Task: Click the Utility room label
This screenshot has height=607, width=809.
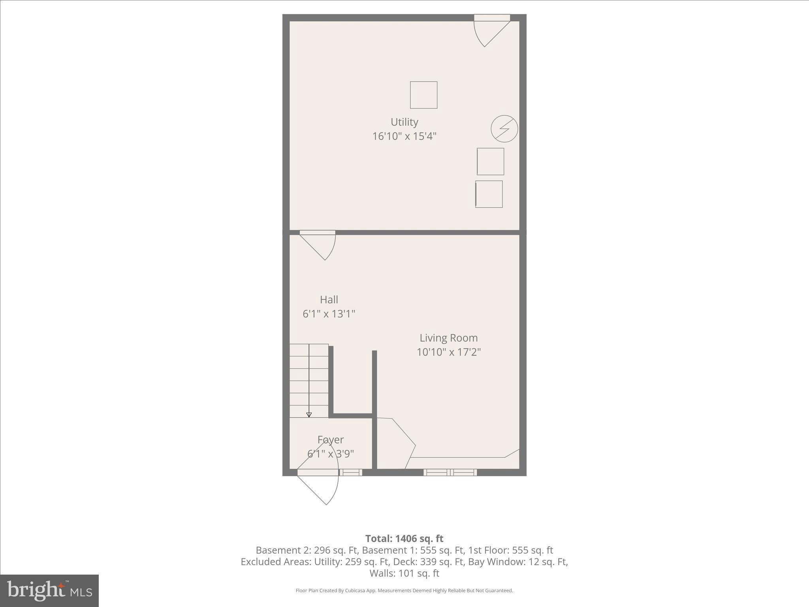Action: (404, 122)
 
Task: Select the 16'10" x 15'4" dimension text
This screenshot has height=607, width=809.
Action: (404, 136)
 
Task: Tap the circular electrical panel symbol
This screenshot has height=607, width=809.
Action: (504, 129)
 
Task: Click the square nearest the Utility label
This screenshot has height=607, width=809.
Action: (423, 95)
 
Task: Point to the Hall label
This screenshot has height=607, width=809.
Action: (329, 300)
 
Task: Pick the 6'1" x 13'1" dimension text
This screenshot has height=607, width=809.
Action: (329, 314)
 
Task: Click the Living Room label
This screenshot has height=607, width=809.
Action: (448, 338)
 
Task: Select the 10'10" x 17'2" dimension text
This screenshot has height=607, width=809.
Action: (448, 352)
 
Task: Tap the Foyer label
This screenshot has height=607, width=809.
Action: (331, 439)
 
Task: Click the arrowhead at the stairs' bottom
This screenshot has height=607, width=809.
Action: (309, 415)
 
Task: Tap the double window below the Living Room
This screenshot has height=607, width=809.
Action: (450, 472)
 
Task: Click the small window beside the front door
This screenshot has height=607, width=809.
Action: (351, 472)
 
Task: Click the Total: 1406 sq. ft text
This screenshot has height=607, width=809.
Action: (404, 539)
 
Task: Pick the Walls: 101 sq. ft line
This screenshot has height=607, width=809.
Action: (404, 573)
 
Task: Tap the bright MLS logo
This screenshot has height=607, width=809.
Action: (49, 590)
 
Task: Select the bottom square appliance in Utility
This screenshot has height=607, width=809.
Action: (489, 194)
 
